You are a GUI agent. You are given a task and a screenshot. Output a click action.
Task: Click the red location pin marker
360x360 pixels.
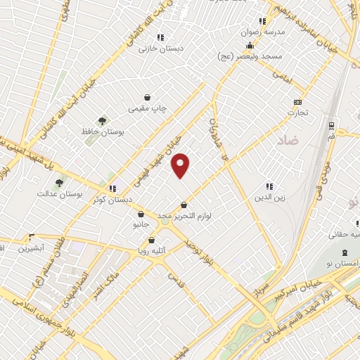[181, 165]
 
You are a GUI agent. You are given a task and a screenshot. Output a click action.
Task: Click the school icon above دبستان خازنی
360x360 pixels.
[160, 37]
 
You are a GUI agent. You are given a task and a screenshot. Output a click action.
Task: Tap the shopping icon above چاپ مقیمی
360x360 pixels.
[147, 97]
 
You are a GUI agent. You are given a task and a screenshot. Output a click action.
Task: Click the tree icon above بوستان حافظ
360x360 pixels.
[103, 121]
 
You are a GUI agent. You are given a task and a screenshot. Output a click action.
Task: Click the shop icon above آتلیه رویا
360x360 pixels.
[151, 240]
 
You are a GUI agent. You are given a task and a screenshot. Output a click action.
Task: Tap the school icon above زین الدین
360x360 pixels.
[269, 187]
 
